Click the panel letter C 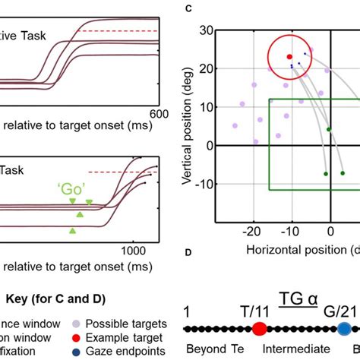click(188, 9)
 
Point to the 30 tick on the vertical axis click(204, 30)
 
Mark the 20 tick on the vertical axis click(204, 68)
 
